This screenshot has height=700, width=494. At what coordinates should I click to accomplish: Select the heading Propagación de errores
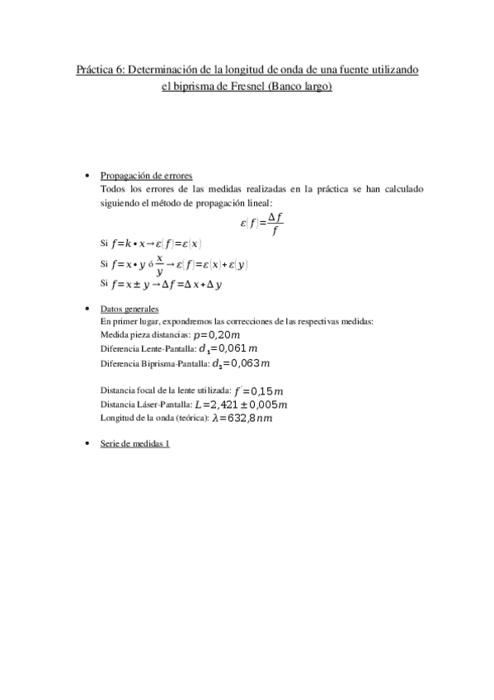click(x=146, y=176)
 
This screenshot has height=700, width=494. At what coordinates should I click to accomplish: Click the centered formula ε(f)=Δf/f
click(x=262, y=222)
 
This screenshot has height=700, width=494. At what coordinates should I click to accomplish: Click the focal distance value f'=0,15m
click(x=259, y=390)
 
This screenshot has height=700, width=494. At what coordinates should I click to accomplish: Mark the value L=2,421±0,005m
click(x=241, y=404)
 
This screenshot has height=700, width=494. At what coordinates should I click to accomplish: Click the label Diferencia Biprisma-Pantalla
click(x=154, y=363)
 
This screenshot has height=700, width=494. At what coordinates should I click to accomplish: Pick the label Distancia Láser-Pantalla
click(x=145, y=405)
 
